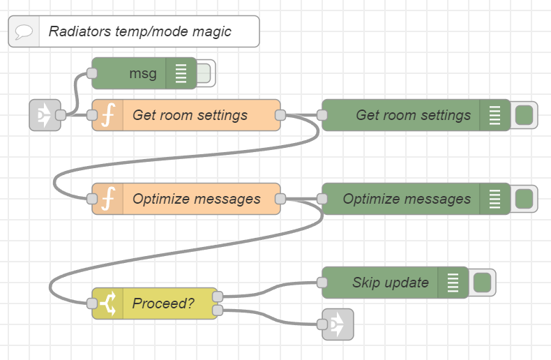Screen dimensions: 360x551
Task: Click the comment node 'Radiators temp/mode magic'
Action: pyautogui.click(x=139, y=31)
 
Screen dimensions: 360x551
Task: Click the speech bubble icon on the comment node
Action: pyautogui.click(x=24, y=31)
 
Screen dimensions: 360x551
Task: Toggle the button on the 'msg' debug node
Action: pyautogui.click(x=206, y=73)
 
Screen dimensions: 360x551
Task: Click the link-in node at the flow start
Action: pyautogui.click(x=44, y=115)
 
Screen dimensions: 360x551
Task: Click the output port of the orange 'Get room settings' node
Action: pyautogui.click(x=280, y=115)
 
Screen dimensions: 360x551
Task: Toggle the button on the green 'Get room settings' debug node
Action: pyautogui.click(x=524, y=115)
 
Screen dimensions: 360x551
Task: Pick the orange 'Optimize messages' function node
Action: pyautogui.click(x=195, y=199)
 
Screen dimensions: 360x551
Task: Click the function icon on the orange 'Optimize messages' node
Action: pyautogui.click(x=107, y=199)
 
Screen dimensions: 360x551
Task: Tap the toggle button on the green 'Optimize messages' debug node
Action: pyautogui.click(x=524, y=199)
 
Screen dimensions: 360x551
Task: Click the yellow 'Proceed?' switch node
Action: pyautogui.click(x=163, y=303)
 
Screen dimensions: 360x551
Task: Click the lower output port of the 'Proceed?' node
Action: pyautogui.click(x=217, y=310)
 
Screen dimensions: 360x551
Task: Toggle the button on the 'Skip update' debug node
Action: pyautogui.click(x=482, y=283)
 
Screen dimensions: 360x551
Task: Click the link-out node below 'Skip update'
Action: pyautogui.click(x=339, y=324)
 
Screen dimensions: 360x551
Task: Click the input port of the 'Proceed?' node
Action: pyautogui.click(x=91, y=303)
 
